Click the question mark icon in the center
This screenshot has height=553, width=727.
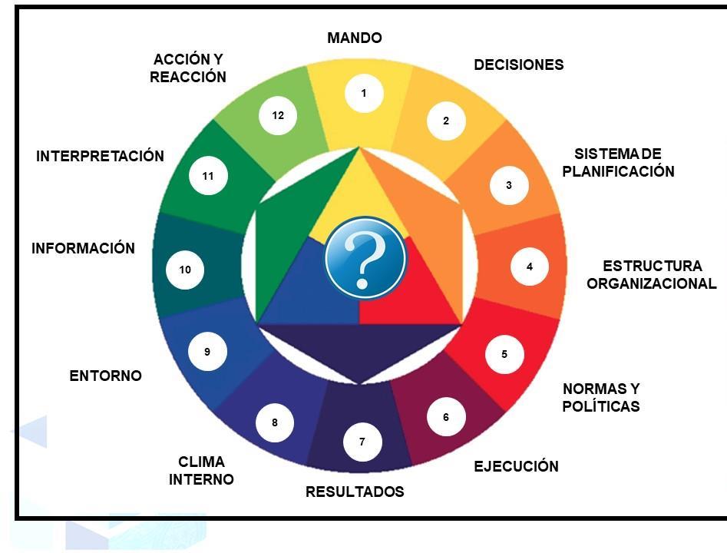click(365, 258)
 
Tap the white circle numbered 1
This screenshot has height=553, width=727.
click(364, 94)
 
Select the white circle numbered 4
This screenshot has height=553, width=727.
click(530, 267)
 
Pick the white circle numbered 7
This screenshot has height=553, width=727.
click(362, 442)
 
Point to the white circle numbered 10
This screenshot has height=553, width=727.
click(185, 270)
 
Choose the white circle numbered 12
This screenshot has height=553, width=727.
click(278, 115)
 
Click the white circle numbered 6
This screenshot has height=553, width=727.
click(446, 417)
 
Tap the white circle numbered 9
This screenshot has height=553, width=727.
click(207, 352)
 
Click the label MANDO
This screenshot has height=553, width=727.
click(354, 38)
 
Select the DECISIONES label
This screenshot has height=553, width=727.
click(518, 65)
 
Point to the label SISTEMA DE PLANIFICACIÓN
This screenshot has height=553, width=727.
click(618, 163)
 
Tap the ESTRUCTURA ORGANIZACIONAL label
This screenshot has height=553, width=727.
click(652, 275)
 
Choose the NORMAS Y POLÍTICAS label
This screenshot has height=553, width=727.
click(601, 397)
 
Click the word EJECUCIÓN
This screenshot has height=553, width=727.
click(516, 466)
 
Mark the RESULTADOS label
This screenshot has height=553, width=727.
click(355, 492)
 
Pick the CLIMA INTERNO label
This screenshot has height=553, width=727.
click(201, 471)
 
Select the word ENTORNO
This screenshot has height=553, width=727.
click(105, 376)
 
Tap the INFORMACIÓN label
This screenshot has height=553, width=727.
click(83, 249)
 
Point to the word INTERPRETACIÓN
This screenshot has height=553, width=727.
click(100, 156)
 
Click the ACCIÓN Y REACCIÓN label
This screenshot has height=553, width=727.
click(188, 68)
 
